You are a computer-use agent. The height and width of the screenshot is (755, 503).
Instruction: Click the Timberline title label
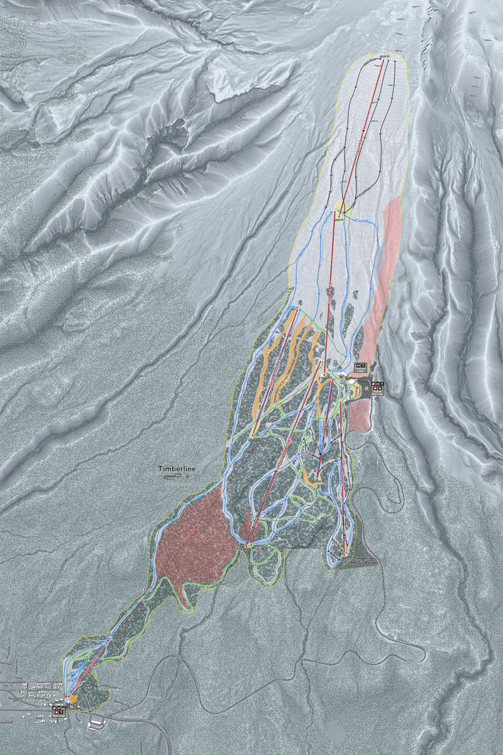coord(177,469)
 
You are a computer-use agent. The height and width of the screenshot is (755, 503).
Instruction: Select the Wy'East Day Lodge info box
coord(377,388)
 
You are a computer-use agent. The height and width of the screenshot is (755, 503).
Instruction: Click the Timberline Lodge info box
coord(362,365)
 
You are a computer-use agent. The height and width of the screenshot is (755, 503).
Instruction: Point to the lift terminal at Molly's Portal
coord(345,553)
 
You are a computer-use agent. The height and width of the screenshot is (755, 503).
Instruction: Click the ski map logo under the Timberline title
coord(171,477)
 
